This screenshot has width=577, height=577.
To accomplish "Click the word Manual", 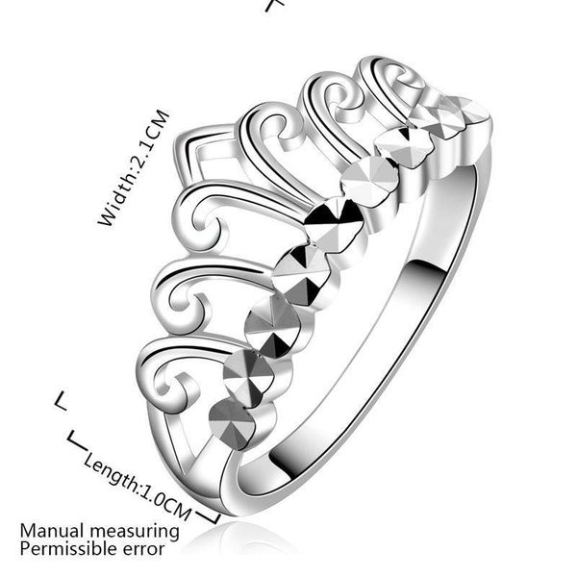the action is click(52, 532).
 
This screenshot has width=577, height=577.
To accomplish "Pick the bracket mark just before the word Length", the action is click(77, 440).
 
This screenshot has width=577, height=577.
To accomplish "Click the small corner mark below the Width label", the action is click(62, 401).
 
